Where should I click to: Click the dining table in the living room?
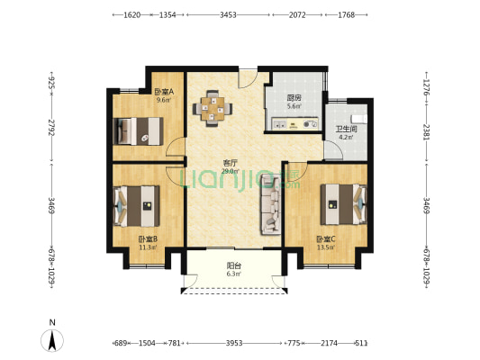tap(213, 109)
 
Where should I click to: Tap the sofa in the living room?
tap(270, 204)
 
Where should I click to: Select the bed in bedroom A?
tap(138, 131)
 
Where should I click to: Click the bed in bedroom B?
tap(137, 206)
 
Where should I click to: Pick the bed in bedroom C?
tap(343, 204)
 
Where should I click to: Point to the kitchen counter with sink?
tap(295, 124)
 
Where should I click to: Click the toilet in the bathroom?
tap(359, 119)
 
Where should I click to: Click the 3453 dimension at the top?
tap(228, 15)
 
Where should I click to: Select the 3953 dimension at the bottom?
tap(234, 343)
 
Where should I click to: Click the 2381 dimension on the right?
tap(427, 131)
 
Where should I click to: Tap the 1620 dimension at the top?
tap(132, 15)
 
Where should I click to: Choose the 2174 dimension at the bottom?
tap(329, 343)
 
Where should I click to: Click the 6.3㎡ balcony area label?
tap(233, 274)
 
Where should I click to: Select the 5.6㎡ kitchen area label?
tap(294, 106)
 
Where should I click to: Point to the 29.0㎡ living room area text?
tap(230, 171)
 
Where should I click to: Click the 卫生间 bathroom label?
tap(347, 129)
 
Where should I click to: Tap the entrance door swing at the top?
tap(248, 79)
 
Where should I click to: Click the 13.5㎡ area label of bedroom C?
tap(326, 247)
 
